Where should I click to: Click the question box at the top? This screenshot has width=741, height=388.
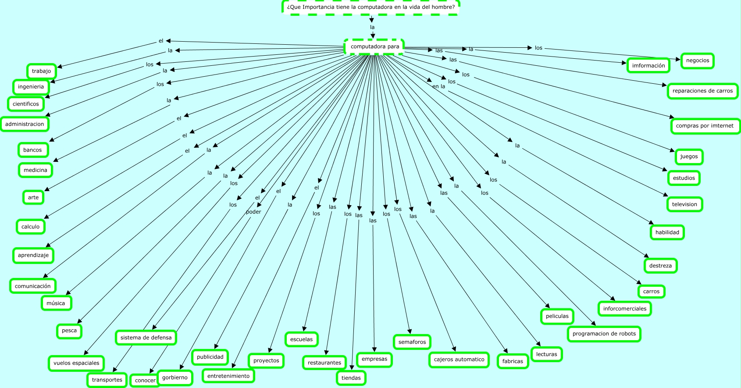tap(370, 7)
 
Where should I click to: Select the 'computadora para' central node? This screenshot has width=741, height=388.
tap(374, 46)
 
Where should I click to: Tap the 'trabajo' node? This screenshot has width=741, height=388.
tap(41, 71)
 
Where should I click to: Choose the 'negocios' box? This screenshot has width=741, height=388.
tap(697, 61)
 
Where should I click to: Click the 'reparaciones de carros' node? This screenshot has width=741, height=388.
tap(702, 91)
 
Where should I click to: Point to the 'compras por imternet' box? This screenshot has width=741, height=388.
tap(704, 126)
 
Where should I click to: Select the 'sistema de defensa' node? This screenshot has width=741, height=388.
tap(146, 338)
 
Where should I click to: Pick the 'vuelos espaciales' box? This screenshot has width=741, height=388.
tap(76, 363)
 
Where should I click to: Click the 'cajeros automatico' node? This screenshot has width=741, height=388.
tap(459, 360)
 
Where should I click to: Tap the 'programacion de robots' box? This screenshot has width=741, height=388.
tap(604, 334)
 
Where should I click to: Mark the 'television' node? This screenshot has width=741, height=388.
tap(684, 204)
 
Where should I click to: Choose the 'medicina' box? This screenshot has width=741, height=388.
tap(35, 170)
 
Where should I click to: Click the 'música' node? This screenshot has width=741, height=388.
tap(56, 303)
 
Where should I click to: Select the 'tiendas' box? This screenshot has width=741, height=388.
tap(351, 378)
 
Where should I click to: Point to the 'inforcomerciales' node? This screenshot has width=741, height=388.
tap(624, 309)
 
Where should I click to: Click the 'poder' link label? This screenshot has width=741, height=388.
tap(253, 212)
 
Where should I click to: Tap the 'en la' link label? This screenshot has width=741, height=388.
tap(438, 86)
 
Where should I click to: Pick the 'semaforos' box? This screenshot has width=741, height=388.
tap(412, 342)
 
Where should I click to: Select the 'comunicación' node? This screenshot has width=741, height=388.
tap(33, 286)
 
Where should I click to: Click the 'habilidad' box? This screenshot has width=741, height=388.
tap(667, 232)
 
